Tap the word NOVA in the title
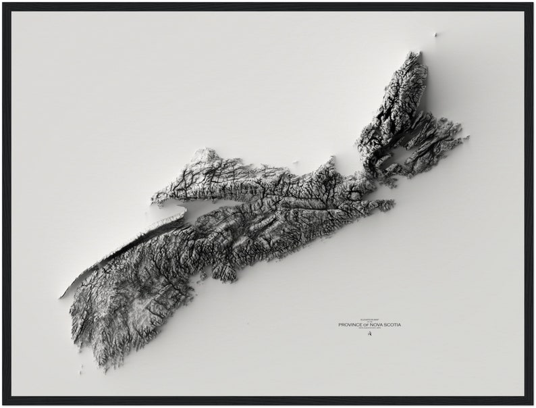pyautogui.click(x=378, y=325)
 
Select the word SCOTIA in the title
pyautogui.click(x=393, y=325)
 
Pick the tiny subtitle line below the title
pyautogui.click(x=369, y=329)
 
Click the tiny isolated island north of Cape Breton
pyautogui.click(x=435, y=34)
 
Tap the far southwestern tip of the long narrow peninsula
pyautogui.click(x=62, y=297)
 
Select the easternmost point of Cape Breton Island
pyautogui.click(x=467, y=138)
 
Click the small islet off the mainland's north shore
pyautogui.click(x=295, y=162)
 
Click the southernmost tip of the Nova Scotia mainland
pyautogui.click(x=103, y=367)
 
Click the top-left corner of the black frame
pyautogui.click(x=4, y=4)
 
